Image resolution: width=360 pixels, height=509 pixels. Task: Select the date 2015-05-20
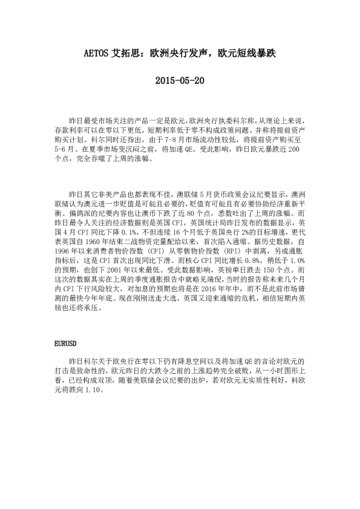(180, 80)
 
